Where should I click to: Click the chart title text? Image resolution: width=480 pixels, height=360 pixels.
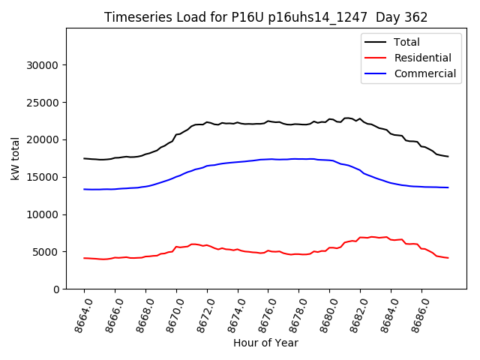[265, 17]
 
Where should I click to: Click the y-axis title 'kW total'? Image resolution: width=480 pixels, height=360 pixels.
[16, 159]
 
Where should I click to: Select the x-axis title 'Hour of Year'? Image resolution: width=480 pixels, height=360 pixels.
[265, 343]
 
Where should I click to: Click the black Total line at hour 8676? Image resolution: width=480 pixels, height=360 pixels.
[268, 121]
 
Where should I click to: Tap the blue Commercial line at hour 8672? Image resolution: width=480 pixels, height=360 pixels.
[207, 166]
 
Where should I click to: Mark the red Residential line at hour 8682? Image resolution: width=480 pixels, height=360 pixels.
[360, 238]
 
